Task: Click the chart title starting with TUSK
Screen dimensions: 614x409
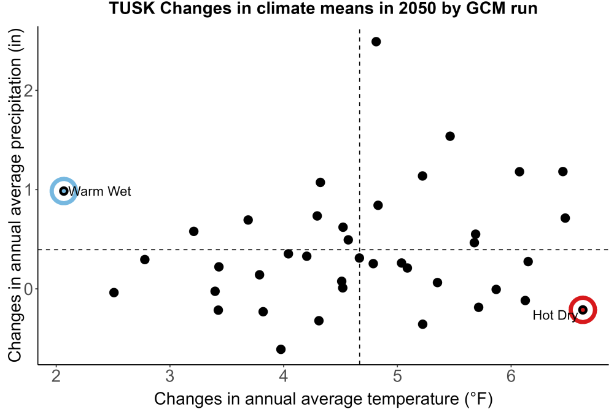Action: (323, 8)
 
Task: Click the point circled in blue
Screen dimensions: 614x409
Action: (63, 191)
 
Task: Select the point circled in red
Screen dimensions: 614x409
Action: (583, 310)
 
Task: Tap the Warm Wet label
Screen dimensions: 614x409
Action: (99, 191)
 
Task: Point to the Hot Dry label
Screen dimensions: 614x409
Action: (555, 315)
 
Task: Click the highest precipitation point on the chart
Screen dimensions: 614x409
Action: (376, 42)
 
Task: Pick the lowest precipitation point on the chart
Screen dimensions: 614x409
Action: (281, 349)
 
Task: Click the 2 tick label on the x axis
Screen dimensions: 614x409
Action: (56, 376)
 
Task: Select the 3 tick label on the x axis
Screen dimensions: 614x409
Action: (169, 376)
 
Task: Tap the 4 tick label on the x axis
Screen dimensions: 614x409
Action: (284, 376)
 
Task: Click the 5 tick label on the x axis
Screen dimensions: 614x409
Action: (397, 376)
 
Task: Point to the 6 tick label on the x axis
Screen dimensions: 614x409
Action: (511, 376)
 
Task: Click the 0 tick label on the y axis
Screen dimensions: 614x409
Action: (29, 289)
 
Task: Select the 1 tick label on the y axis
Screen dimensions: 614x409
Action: (29, 189)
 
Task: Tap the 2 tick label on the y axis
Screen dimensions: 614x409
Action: (29, 90)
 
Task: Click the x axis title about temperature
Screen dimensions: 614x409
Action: (324, 399)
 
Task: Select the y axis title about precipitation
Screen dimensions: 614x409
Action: (15, 196)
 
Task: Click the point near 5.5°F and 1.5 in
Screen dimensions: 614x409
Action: (450, 136)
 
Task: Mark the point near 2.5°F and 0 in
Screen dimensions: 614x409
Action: (114, 292)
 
